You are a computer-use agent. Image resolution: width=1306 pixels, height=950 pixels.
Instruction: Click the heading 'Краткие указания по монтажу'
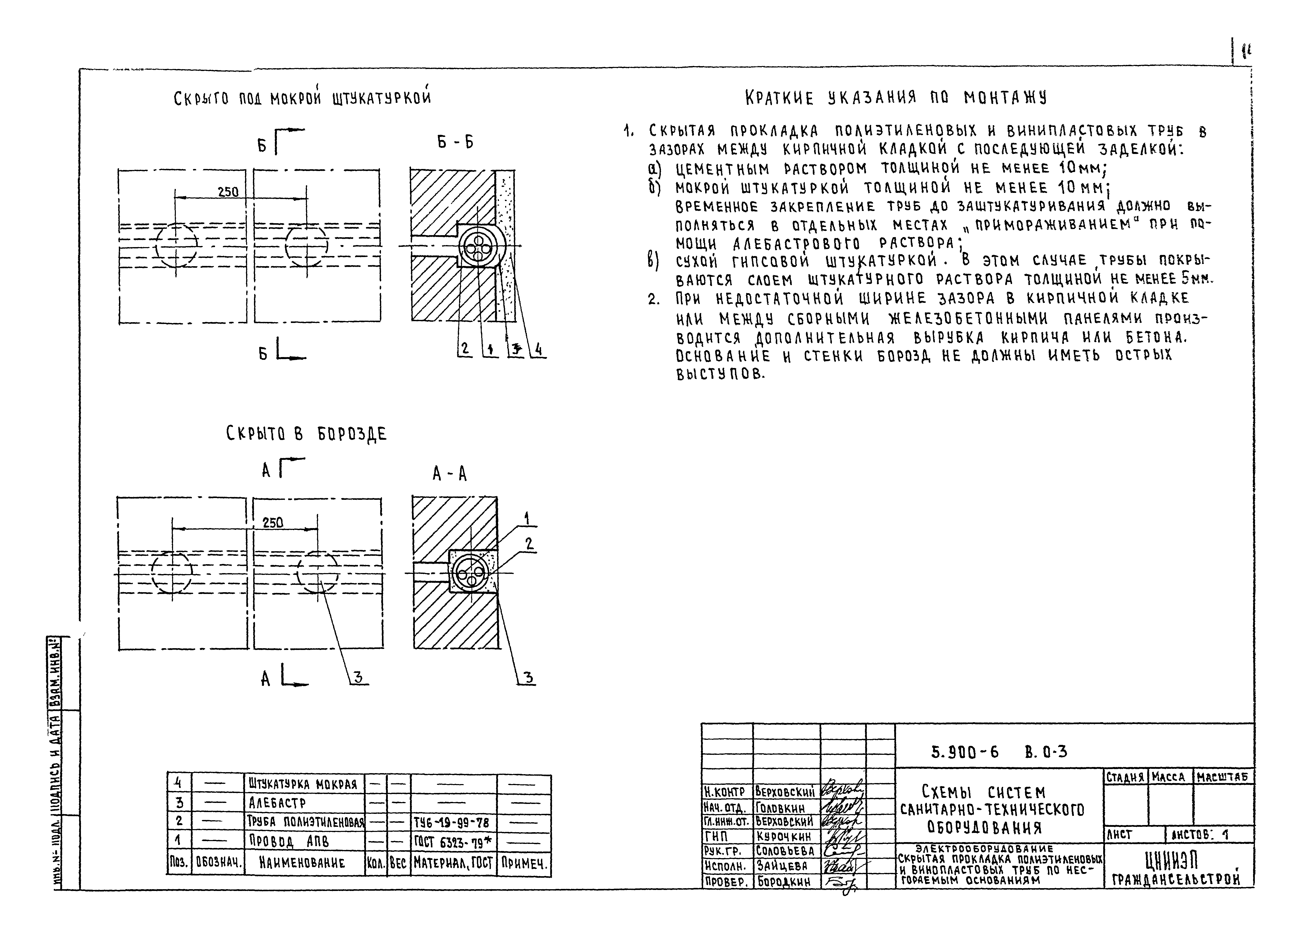pyautogui.click(x=896, y=98)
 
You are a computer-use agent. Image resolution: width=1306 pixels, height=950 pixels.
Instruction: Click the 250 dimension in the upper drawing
pyautogui.click(x=228, y=191)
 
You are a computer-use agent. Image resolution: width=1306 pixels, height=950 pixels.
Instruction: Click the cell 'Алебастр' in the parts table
pyautogui.click(x=278, y=803)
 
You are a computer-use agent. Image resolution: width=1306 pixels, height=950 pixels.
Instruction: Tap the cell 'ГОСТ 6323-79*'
pyautogui.click(x=453, y=842)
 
